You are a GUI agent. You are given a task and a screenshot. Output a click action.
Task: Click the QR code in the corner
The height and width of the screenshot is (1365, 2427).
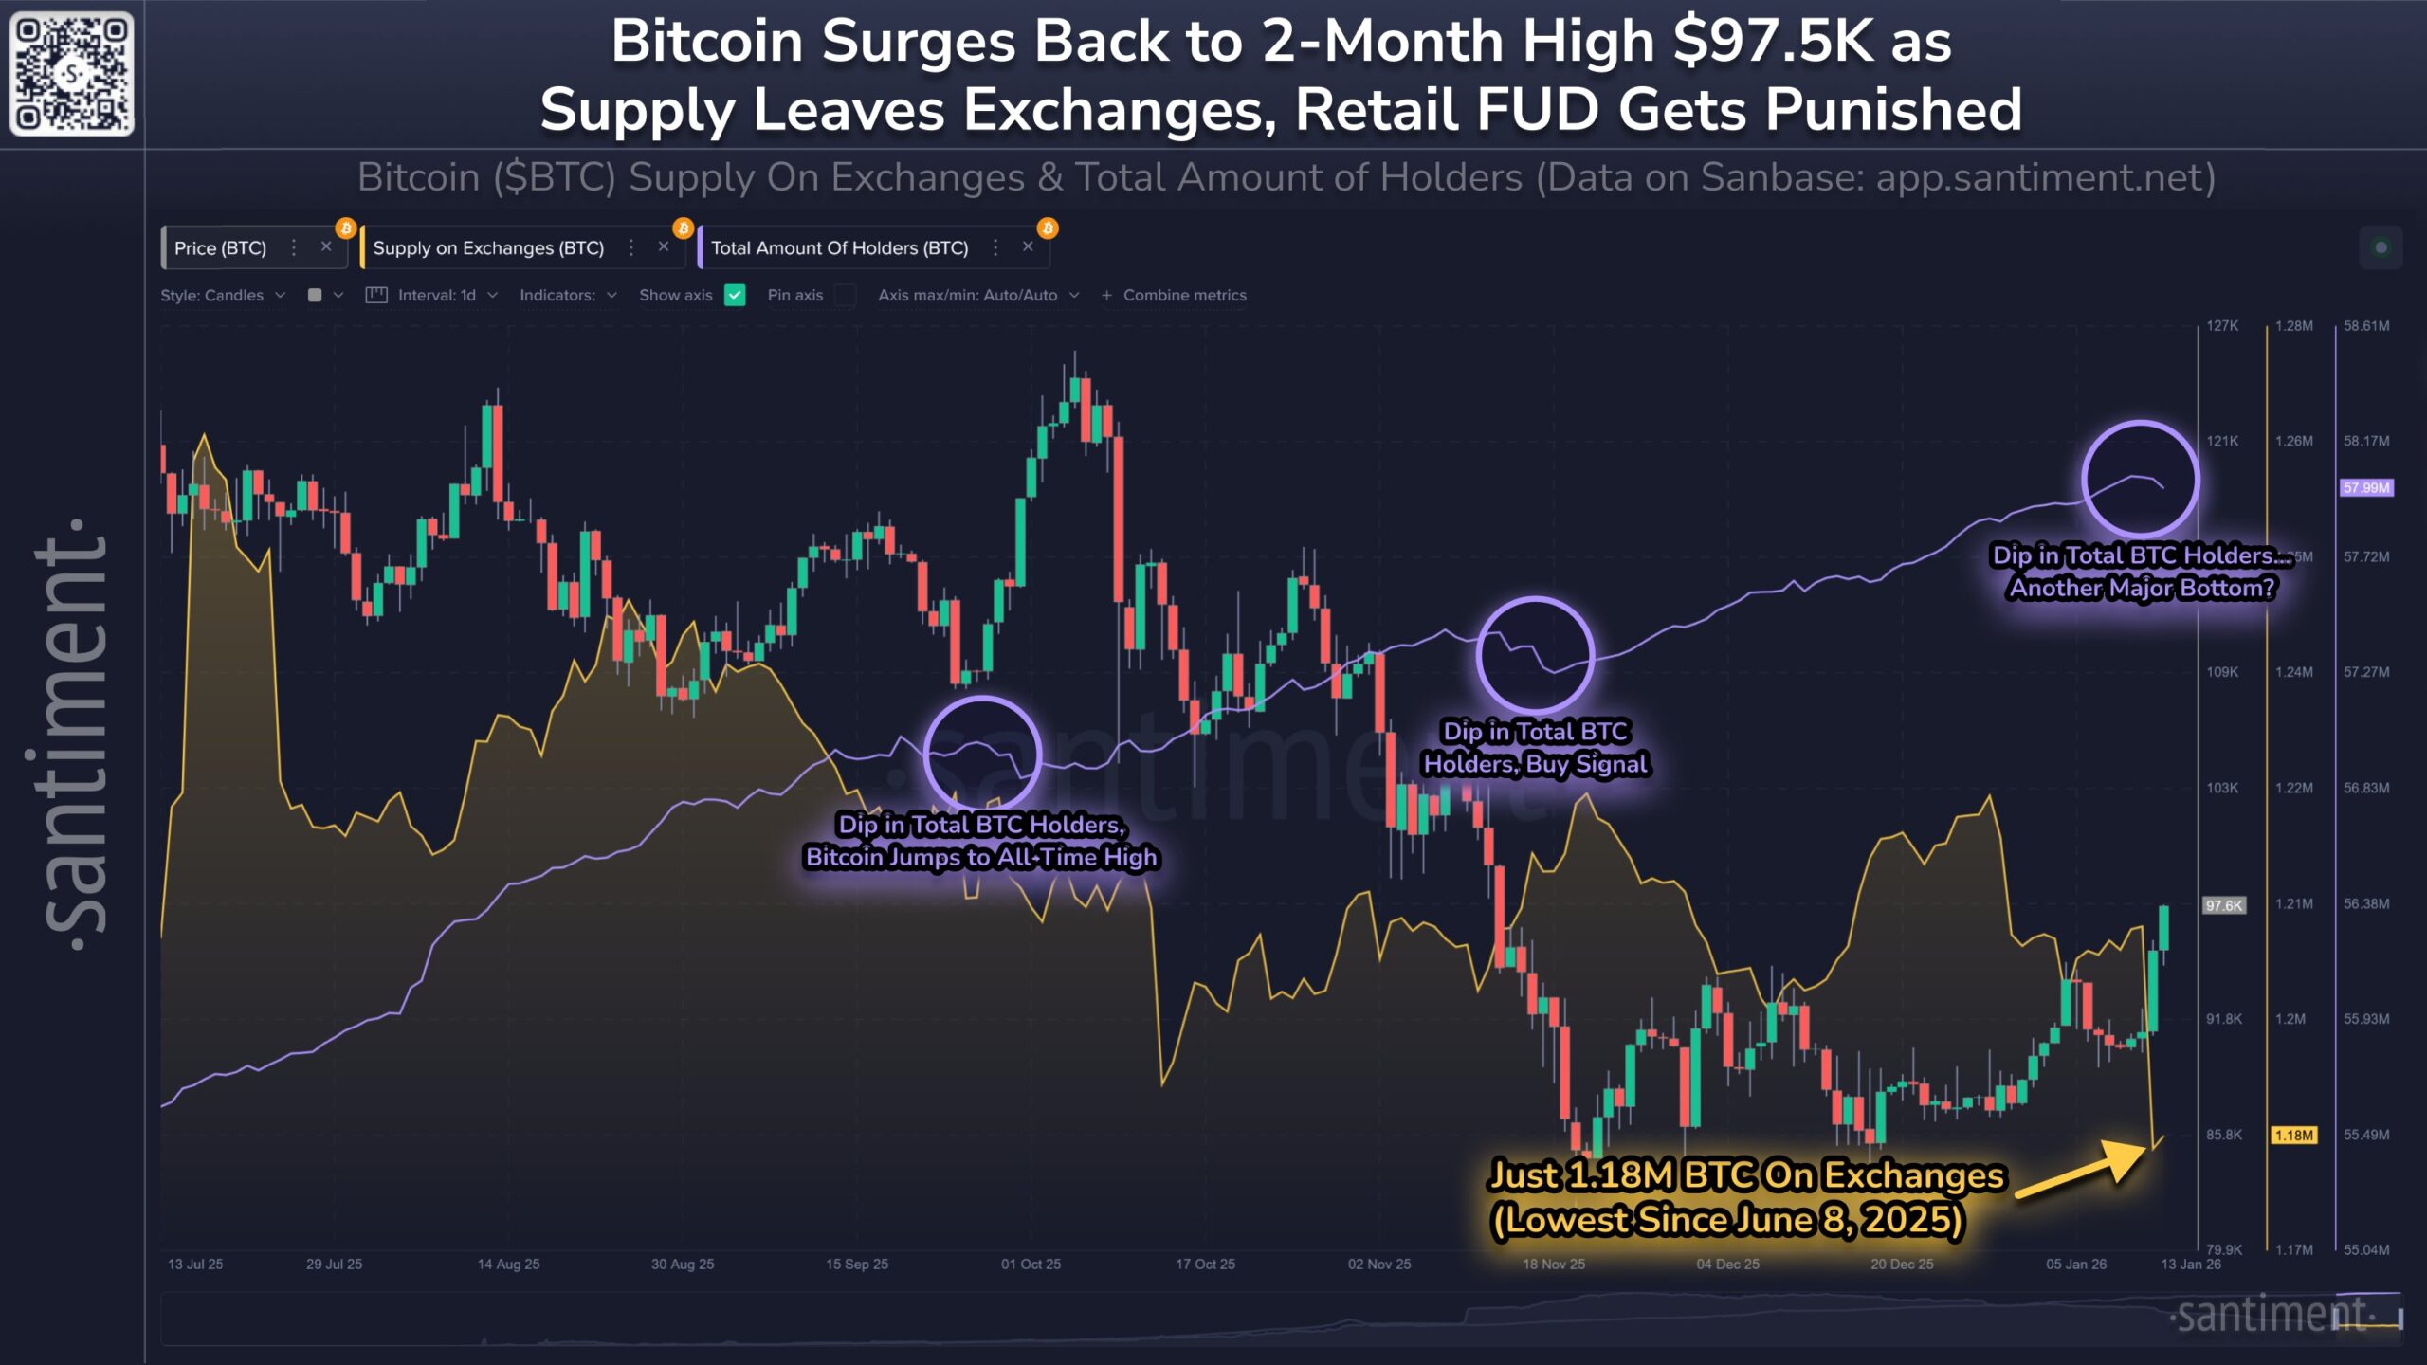pos(72,73)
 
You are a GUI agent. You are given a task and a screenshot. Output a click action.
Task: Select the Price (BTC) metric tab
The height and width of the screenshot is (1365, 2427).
pos(220,248)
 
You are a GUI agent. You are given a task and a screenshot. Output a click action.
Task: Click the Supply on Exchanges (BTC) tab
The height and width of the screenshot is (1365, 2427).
pos(488,248)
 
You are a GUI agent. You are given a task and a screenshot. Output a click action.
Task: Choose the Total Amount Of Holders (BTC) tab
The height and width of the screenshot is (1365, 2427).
pos(839,248)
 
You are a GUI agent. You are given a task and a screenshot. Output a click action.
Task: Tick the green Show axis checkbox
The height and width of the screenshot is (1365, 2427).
pos(735,295)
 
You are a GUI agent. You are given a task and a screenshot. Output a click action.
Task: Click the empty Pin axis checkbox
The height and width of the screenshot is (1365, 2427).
pos(845,295)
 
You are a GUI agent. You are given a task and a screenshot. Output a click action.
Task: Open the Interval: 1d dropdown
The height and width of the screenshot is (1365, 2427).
pos(437,295)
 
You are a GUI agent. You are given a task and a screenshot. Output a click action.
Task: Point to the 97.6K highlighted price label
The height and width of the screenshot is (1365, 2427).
pos(2223,905)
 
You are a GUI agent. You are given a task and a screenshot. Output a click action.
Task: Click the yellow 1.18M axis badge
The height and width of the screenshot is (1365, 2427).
pos(2293,1136)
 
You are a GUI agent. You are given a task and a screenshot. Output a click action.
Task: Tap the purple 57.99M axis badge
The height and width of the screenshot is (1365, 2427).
pos(2366,488)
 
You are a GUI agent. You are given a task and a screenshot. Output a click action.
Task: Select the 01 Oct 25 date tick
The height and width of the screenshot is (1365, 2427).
pos(1031,1265)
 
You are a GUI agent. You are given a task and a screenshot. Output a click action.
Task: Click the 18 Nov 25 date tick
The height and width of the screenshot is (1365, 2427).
pos(1554,1265)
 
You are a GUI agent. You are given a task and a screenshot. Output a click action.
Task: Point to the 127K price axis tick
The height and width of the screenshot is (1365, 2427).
pos(2222,326)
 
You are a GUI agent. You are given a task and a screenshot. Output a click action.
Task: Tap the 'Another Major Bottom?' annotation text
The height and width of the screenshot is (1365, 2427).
pos(2142,589)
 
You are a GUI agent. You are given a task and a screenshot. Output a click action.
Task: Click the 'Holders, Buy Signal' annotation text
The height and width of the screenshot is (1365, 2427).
pos(1536,764)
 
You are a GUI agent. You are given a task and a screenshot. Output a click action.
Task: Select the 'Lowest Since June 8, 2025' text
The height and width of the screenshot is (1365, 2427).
pos(1727,1220)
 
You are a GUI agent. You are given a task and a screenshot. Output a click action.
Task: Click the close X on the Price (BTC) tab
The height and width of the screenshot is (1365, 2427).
pos(326,247)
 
